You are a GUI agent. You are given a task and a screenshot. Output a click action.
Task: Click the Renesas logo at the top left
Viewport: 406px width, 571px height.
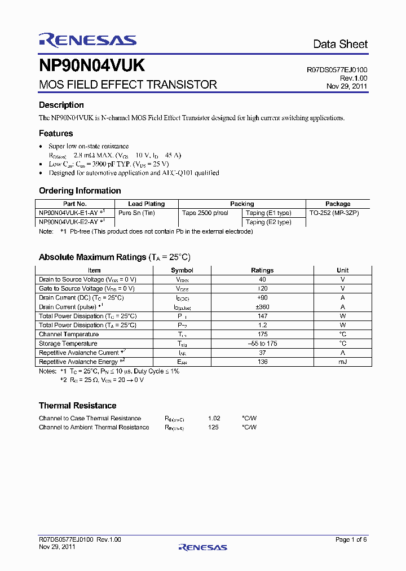[x=87, y=39]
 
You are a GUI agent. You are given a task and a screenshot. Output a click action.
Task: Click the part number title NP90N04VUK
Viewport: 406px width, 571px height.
[x=92, y=66]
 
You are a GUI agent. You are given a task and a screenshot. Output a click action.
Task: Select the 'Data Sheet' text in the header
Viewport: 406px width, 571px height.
[x=340, y=44]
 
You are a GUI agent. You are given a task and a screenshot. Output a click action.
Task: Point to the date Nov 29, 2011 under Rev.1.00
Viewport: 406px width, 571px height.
[x=347, y=86]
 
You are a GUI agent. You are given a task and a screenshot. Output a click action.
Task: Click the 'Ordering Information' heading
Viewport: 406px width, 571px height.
[x=80, y=191]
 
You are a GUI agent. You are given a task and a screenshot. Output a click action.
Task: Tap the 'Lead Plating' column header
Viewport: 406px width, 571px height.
[x=147, y=204]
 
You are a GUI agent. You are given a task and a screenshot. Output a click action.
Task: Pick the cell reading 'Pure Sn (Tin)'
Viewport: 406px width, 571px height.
[x=137, y=213]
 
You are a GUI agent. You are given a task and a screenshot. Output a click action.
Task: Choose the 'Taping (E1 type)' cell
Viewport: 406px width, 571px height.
[x=268, y=213]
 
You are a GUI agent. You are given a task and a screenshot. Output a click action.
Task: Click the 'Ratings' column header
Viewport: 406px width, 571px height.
[x=262, y=270]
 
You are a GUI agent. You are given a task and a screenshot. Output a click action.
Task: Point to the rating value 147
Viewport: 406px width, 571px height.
[x=262, y=316]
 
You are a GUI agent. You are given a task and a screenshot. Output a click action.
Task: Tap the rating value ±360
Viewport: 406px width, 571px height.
[x=262, y=307]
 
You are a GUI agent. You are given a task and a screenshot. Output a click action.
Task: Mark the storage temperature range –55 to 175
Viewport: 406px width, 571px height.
[x=262, y=343]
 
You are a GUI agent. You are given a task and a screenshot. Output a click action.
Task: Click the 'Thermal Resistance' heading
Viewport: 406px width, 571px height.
[x=77, y=406]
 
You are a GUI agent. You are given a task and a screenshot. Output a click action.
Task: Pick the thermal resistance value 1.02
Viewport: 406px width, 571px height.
[x=214, y=418]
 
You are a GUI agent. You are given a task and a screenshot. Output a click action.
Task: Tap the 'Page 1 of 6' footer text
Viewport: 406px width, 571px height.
[x=351, y=539]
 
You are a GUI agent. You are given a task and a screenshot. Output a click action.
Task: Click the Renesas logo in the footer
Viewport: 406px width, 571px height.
[x=203, y=547]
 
